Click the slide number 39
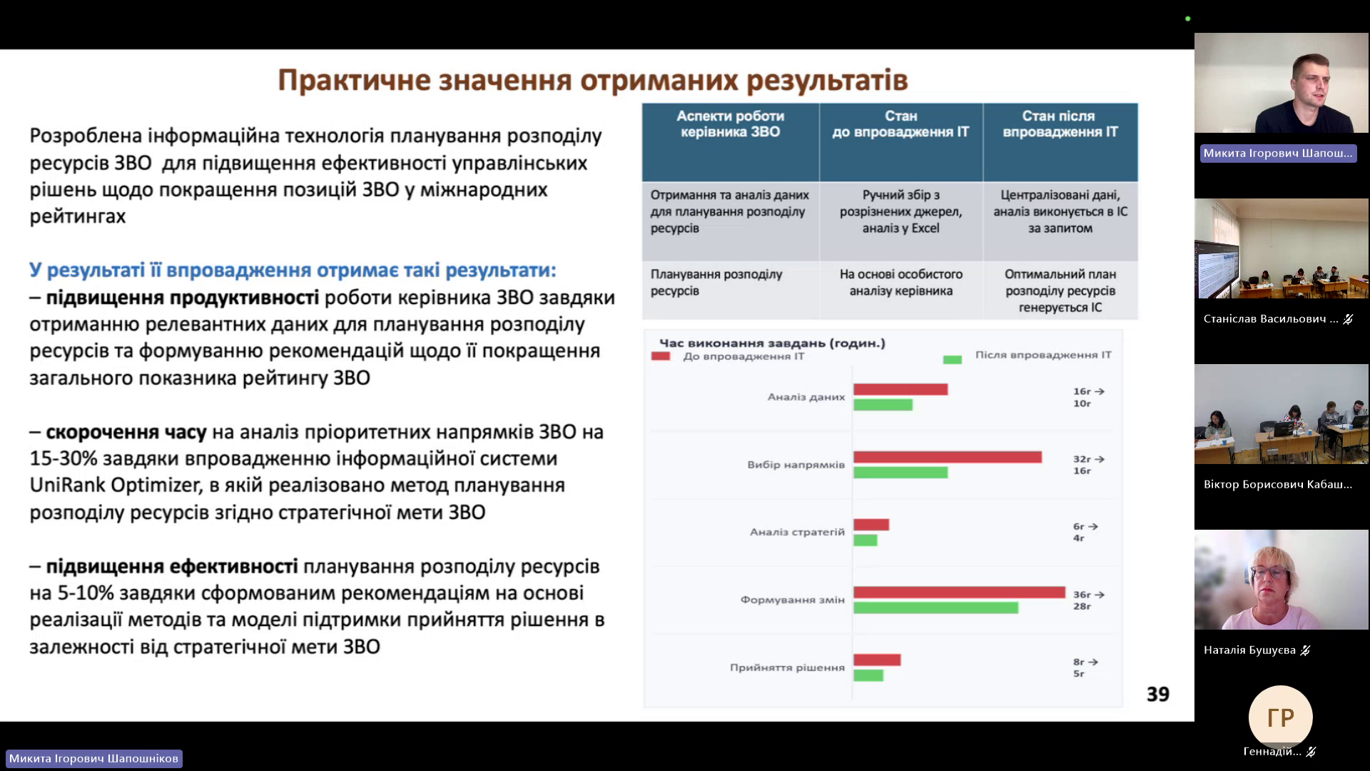[x=1157, y=694]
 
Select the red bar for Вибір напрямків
[x=948, y=457]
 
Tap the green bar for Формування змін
[x=935, y=608]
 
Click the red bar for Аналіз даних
[x=900, y=389]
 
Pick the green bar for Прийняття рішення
[x=868, y=675]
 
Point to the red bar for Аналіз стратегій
[x=871, y=525]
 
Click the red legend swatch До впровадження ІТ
[x=661, y=356]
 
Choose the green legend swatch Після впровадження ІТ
[x=953, y=359]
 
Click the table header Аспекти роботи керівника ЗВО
[x=730, y=124]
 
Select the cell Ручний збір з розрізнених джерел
[x=900, y=211]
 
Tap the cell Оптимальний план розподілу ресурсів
[x=1060, y=291]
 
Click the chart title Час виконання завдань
[x=772, y=343]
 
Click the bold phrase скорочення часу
[x=126, y=433]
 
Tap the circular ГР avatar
[x=1280, y=717]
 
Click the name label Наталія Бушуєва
[x=1249, y=650]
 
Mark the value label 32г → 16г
[x=1088, y=465]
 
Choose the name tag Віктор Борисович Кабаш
[x=1277, y=485]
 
